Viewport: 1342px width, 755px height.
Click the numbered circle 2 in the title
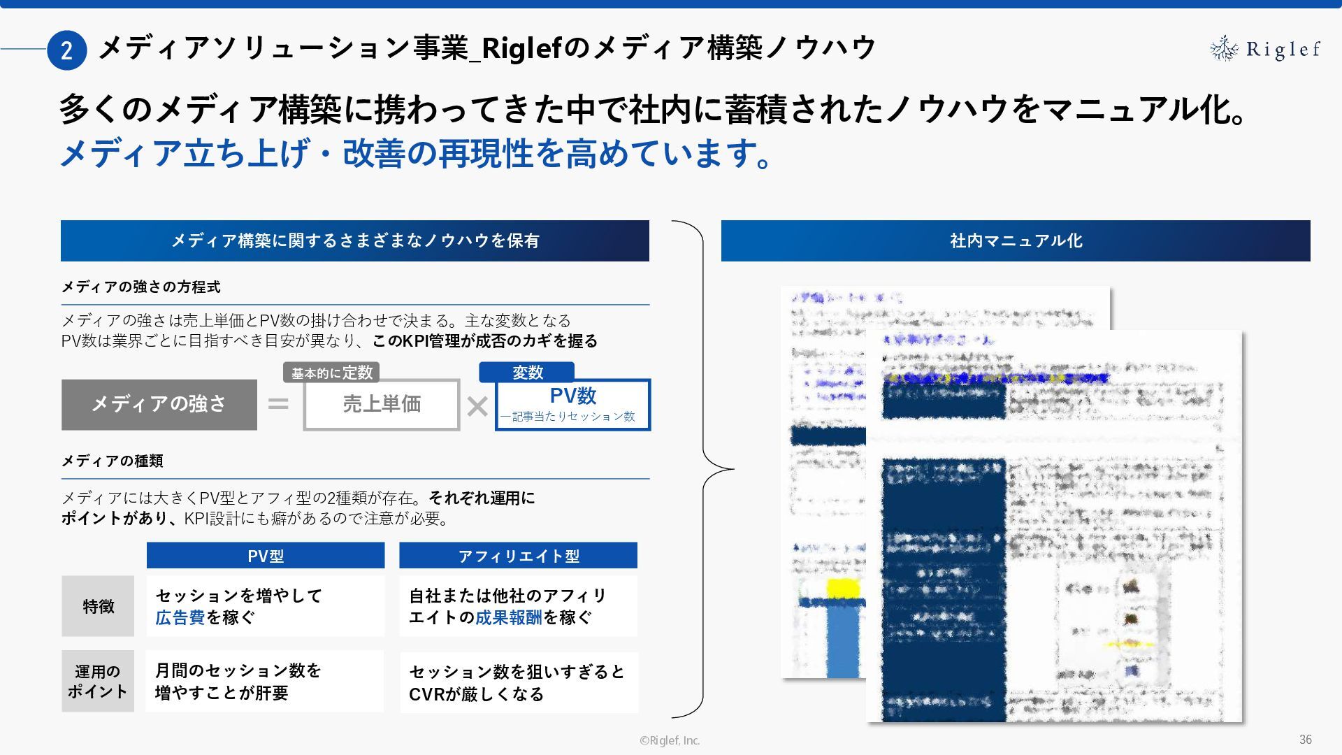66,50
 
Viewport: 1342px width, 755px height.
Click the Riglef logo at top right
1264,49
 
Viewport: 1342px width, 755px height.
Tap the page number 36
1305,740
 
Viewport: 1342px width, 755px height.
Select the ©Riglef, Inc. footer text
670,740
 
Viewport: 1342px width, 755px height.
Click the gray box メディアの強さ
159,404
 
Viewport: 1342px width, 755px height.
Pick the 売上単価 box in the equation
382,404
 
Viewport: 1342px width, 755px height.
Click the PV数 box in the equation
572,404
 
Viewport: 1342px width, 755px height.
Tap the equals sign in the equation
278,404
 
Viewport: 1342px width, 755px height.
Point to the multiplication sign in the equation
477,406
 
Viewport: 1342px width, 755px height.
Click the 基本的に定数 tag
331,373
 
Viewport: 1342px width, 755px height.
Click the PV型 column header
266,556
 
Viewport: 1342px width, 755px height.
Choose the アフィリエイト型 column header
518,556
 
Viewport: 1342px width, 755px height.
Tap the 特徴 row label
98,606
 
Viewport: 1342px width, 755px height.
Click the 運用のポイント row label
98,681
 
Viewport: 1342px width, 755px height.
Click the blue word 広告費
180,617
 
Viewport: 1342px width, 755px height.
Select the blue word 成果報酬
508,617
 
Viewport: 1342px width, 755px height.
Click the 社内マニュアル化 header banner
1016,240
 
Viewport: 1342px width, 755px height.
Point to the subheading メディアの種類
112,461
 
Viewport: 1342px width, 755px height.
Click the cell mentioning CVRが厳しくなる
519,682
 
